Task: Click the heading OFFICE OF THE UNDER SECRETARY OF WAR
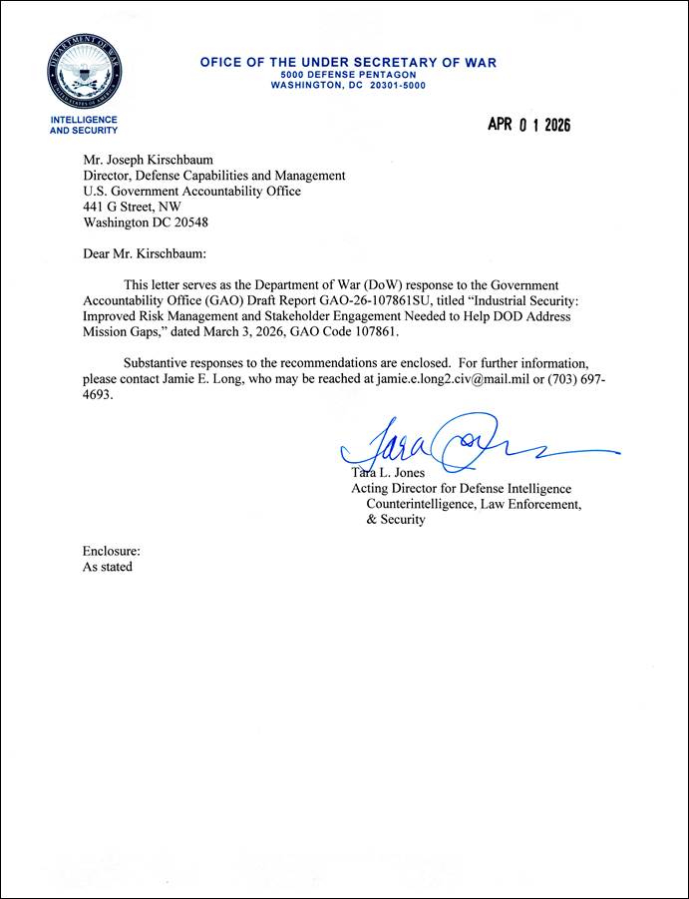[348, 63]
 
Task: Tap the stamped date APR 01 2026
[528, 125]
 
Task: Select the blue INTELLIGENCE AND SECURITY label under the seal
[84, 125]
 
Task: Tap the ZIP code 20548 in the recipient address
[189, 223]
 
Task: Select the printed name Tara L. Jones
[391, 472]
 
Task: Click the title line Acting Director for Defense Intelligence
[461, 488]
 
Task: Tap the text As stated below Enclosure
[107, 567]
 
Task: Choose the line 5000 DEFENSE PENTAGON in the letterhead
[348, 75]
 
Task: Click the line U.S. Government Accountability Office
[191, 191]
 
